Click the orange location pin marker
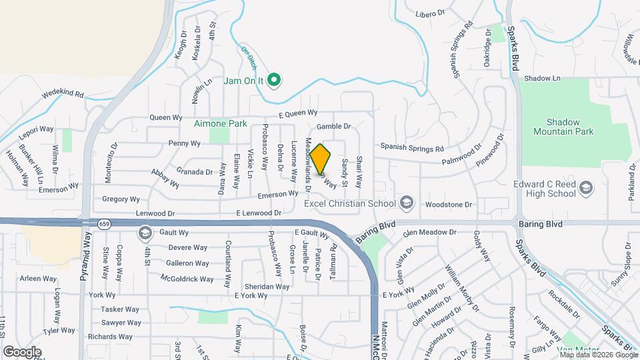(x=321, y=159)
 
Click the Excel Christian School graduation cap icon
(x=406, y=203)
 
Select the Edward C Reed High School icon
(x=586, y=188)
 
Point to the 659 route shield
(x=104, y=223)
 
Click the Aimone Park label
(x=221, y=123)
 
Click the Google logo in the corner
(x=22, y=351)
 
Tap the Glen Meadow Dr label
(x=429, y=233)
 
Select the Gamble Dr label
(x=333, y=126)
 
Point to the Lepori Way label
(x=36, y=129)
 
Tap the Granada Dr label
(x=194, y=171)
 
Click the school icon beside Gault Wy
(x=145, y=233)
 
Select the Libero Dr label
(x=430, y=13)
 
